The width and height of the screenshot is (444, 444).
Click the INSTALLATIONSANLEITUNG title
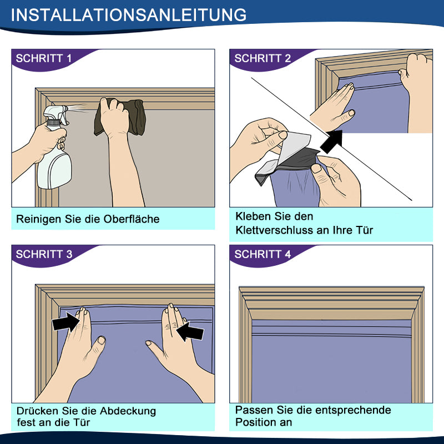tap(129, 15)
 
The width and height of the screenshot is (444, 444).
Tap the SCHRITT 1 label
tap(44, 58)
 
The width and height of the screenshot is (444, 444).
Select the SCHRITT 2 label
tap(263, 58)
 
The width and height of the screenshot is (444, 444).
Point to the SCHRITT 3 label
tap(44, 254)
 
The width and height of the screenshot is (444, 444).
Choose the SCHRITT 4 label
tap(263, 254)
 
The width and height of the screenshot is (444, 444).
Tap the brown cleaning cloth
tap(120, 117)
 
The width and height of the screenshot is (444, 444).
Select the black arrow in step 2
tap(331, 142)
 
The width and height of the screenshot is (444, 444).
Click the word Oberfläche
tap(132, 219)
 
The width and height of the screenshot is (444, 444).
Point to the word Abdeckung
tap(128, 411)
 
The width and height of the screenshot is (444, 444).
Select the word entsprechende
tap(344, 410)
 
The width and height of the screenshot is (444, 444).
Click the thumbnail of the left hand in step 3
tap(102, 340)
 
